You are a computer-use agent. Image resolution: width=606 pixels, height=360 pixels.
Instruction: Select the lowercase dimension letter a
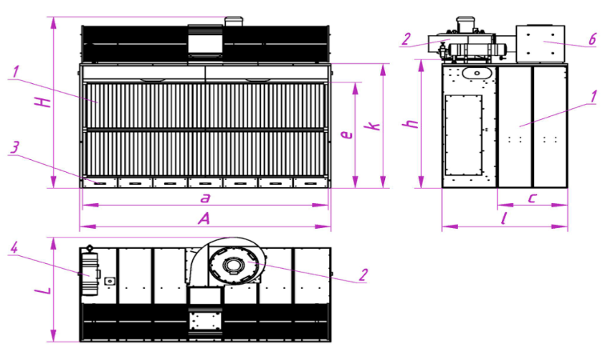pos(205,198)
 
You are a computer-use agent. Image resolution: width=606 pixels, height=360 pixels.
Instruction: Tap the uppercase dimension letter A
pos(203,219)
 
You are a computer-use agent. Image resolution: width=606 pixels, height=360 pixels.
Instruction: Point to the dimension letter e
pos(347,134)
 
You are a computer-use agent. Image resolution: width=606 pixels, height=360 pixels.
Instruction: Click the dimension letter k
pos(373,126)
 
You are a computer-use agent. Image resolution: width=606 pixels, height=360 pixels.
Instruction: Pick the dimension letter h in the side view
pos(411,124)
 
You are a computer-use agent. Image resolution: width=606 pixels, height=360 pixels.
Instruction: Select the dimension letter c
pos(532,198)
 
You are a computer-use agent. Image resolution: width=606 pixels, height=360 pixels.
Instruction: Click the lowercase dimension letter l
pos(504,219)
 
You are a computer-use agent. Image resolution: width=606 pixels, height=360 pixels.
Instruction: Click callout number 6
pos(592,39)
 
